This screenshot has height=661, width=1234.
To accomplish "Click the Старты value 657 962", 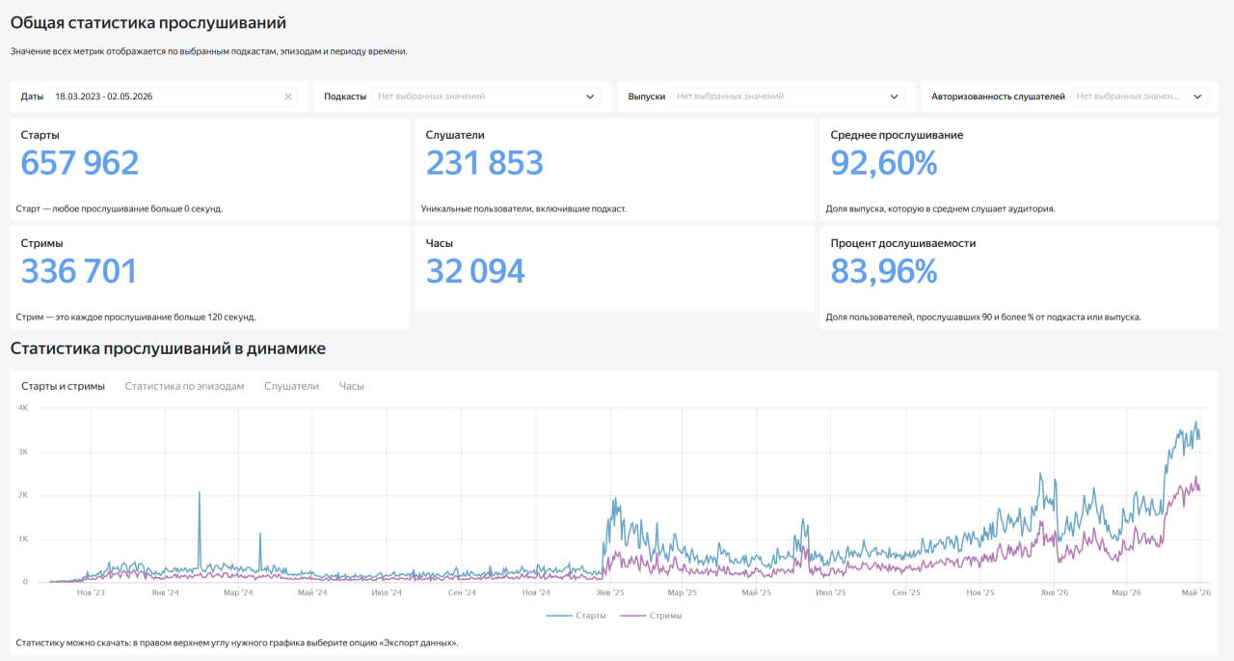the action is tap(79, 163).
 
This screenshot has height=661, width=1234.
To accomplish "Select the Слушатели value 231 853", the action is tap(484, 163).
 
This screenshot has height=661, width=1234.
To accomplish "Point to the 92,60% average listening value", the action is tap(884, 163).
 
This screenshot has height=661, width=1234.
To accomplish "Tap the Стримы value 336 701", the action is tap(79, 271).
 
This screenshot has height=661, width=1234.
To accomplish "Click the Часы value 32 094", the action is tap(475, 271).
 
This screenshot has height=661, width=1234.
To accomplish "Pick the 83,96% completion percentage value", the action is tap(884, 271).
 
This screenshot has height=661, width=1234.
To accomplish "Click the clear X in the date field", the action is tap(287, 96).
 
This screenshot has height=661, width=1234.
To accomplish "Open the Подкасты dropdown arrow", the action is tap(590, 96).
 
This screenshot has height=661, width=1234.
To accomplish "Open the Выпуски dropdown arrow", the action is tap(894, 96).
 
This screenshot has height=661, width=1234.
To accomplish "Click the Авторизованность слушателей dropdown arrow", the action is tap(1197, 96).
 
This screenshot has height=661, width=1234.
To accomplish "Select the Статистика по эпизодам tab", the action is tap(184, 386).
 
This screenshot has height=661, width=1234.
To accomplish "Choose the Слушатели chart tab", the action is tap(291, 386).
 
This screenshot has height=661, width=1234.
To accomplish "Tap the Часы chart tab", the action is tap(352, 386).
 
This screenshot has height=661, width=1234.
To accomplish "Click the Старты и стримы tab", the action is tap(63, 386).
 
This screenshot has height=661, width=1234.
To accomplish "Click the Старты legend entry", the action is tap(577, 616).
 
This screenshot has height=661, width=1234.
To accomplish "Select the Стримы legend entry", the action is tap(651, 616).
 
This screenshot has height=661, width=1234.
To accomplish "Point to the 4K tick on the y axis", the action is tap(23, 408).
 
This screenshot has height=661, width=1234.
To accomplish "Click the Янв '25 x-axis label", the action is tap(610, 592).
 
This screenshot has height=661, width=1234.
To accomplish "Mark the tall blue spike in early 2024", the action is tap(200, 529).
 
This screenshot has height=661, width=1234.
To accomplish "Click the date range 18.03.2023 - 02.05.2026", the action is tap(103, 96).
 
